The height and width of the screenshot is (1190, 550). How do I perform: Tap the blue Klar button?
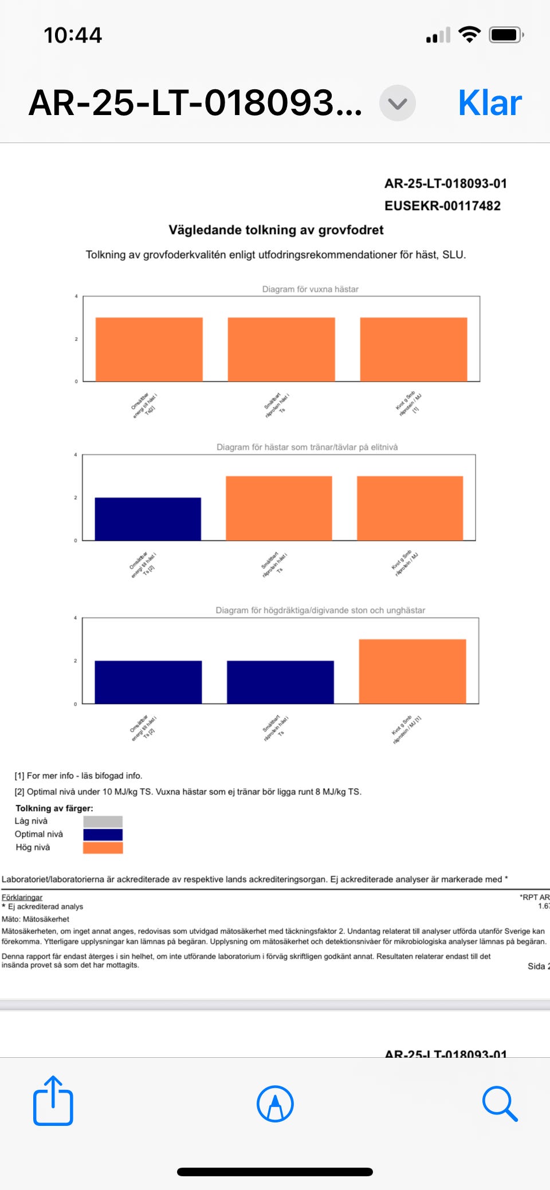tap(490, 103)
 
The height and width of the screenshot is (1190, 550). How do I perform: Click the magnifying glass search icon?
tap(500, 1103)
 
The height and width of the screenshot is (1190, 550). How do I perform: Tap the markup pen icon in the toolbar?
tap(275, 1104)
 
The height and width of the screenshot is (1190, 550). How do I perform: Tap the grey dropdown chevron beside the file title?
tap(397, 103)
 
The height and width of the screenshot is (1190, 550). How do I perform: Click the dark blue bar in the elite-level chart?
tap(148, 519)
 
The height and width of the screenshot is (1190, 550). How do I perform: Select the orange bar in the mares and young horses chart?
tap(412, 671)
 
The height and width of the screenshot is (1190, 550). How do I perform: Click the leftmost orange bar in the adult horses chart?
tap(149, 349)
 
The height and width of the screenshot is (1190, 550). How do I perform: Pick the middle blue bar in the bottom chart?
tap(280, 682)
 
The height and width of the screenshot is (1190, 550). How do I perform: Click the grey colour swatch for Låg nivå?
tap(103, 821)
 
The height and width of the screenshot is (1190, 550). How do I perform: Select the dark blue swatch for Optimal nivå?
tap(103, 835)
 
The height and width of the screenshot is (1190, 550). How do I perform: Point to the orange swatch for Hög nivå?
tap(103, 848)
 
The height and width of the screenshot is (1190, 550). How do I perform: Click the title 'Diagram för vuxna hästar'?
tap(310, 289)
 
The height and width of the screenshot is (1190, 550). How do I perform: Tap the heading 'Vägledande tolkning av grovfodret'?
tap(276, 230)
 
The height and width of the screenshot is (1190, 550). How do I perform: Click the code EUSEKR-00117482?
tap(442, 206)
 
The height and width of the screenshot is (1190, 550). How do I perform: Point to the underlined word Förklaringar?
tap(22, 897)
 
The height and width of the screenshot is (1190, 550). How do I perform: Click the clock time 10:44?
tap(73, 35)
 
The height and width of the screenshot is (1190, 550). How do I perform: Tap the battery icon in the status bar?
tap(506, 35)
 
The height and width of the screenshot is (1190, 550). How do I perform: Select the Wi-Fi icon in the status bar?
tap(469, 35)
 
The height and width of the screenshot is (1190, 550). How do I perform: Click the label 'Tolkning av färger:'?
tap(54, 808)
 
